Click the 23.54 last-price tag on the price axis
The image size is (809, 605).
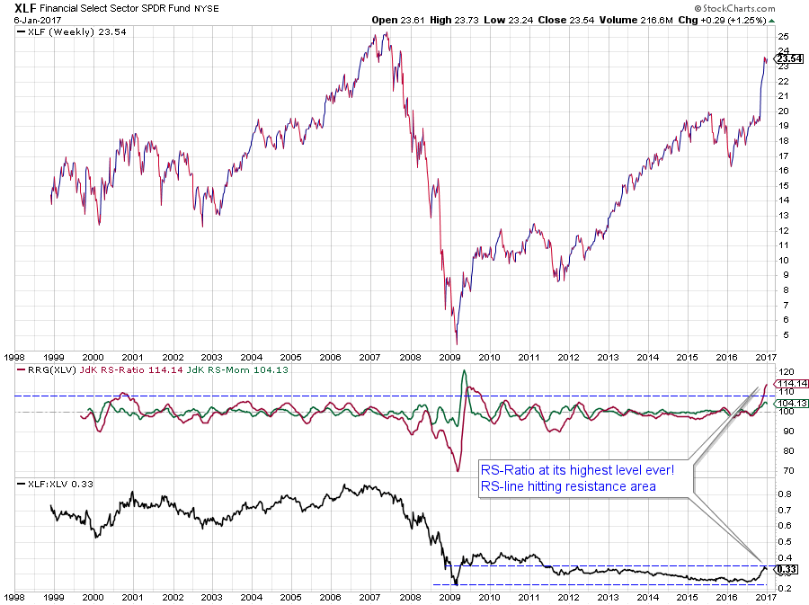[x=789, y=58]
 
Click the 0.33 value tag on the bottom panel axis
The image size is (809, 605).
[x=787, y=568]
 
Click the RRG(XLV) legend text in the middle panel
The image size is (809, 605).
[x=54, y=370]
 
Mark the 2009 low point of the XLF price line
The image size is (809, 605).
[x=457, y=343]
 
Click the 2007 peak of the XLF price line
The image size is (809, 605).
[x=386, y=34]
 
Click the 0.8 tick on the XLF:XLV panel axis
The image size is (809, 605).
[x=785, y=494]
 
